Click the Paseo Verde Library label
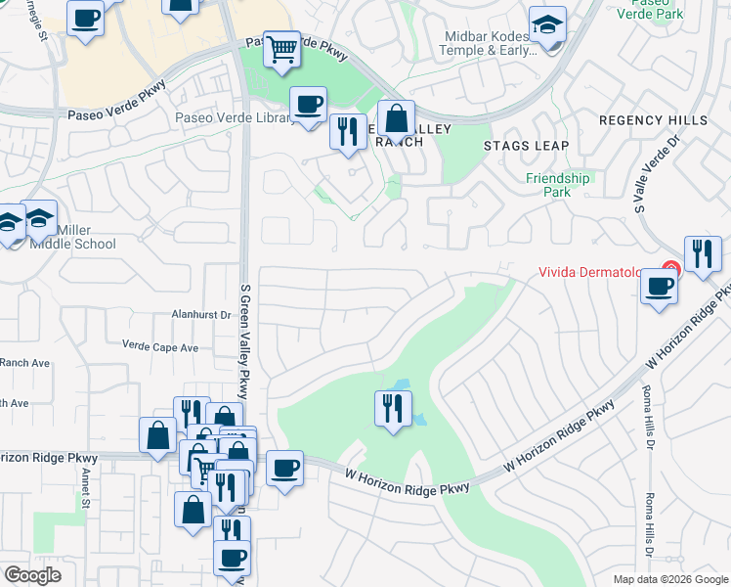235,118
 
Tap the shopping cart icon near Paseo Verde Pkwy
281,48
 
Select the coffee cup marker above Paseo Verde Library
309,104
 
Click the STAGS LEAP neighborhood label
526,146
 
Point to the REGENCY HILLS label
653,120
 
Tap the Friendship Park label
557,185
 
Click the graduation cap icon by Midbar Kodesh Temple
547,25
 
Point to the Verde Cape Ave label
160,346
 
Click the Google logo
32,575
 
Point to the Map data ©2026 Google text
670,579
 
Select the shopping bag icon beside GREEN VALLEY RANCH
396,119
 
